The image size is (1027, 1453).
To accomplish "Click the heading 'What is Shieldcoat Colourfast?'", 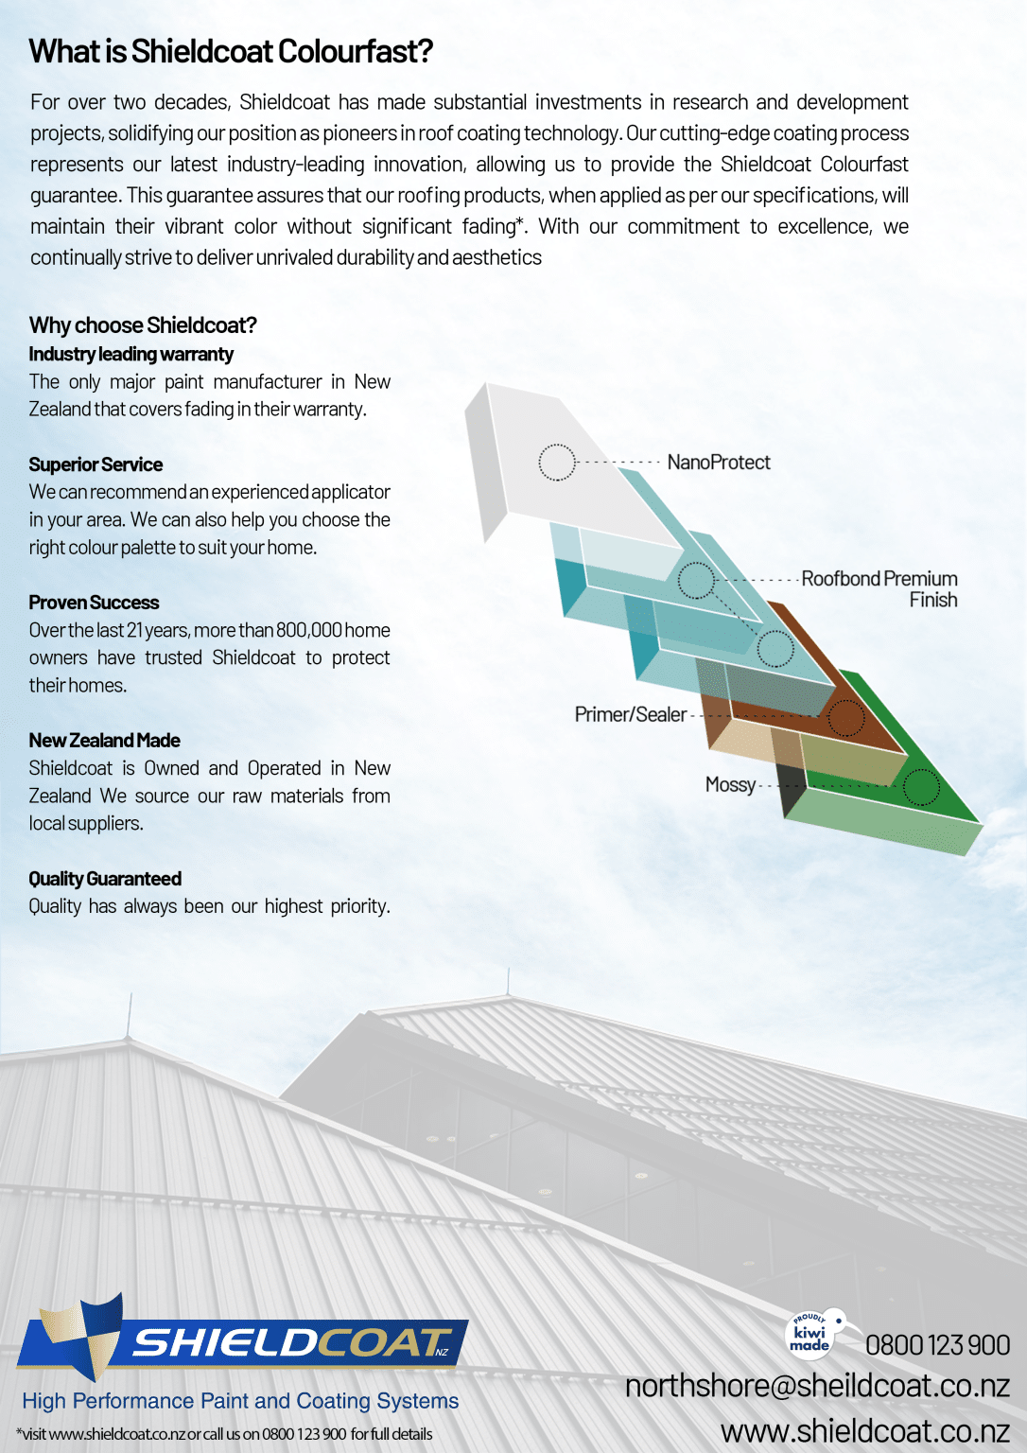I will pyautogui.click(x=231, y=51).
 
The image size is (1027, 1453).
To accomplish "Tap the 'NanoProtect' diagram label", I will pyautogui.click(x=719, y=463).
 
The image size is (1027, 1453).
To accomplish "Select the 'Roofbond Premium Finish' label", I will pyautogui.click(x=879, y=589).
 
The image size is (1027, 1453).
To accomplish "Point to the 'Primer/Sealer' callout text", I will pyautogui.click(x=631, y=715).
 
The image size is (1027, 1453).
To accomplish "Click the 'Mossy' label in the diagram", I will pyautogui.click(x=730, y=785).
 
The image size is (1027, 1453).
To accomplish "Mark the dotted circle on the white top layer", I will pyautogui.click(x=557, y=463).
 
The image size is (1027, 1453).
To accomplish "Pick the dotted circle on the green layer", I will pyautogui.click(x=920, y=787).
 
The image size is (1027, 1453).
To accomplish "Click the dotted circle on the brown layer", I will pyautogui.click(x=846, y=718).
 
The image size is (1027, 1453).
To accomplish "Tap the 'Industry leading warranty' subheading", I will pyautogui.click(x=131, y=355).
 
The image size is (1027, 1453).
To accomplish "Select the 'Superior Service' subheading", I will pyautogui.click(x=96, y=464).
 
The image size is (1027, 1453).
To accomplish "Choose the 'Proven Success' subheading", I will pyautogui.click(x=94, y=603).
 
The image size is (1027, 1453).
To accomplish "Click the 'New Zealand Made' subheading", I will pyautogui.click(x=104, y=741).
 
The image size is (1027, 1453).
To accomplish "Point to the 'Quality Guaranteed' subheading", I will pyautogui.click(x=105, y=879).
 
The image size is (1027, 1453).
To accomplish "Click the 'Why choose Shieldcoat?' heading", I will pyautogui.click(x=143, y=325).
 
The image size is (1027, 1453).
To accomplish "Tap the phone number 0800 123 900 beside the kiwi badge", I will pyautogui.click(x=937, y=1345).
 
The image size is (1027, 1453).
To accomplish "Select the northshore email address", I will pyautogui.click(x=817, y=1386).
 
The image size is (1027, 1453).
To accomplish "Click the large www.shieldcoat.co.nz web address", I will pyautogui.click(x=864, y=1431).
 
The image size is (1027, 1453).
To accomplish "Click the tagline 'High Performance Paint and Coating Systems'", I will pyautogui.click(x=240, y=1401).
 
